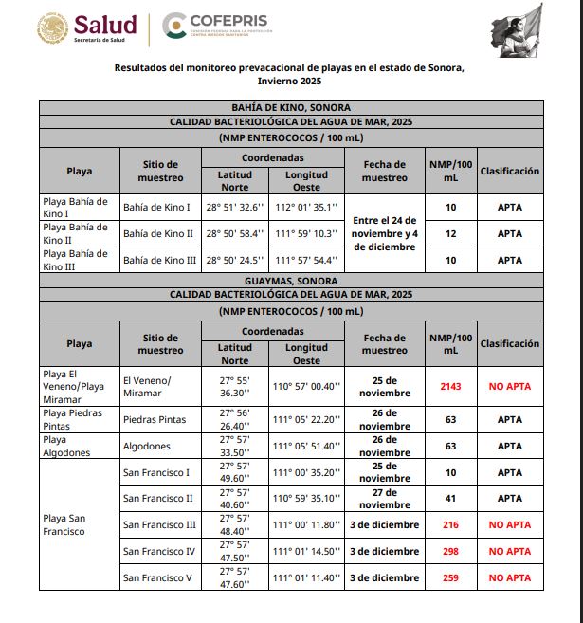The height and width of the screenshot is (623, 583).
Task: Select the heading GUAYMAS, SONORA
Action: [291, 281]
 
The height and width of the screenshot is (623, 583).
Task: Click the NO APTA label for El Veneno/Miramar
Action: [509, 386]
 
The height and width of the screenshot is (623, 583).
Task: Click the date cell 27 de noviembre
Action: [384, 498]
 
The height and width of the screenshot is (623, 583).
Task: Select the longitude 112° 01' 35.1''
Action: [305, 207]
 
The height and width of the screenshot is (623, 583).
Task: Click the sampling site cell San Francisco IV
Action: [159, 551]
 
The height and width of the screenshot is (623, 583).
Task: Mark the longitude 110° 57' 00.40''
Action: [305, 386]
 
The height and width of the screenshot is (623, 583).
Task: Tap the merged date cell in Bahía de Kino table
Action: [384, 233]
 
